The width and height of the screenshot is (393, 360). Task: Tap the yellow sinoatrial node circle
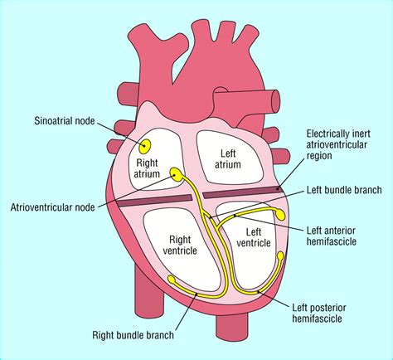coord(146,147)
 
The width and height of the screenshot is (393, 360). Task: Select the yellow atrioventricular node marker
coord(177,173)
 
